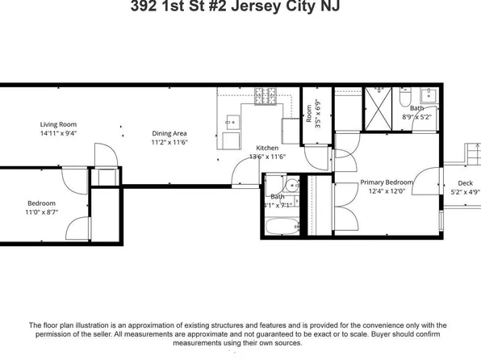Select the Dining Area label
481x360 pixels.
[169, 133]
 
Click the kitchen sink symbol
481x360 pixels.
[232, 123]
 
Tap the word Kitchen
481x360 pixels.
[267, 149]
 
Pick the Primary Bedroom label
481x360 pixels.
[386, 182]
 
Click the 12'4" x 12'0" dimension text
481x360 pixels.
[386, 191]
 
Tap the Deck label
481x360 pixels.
[465, 183]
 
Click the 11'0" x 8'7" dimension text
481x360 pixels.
[42, 211]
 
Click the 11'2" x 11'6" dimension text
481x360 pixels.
[169, 142]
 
